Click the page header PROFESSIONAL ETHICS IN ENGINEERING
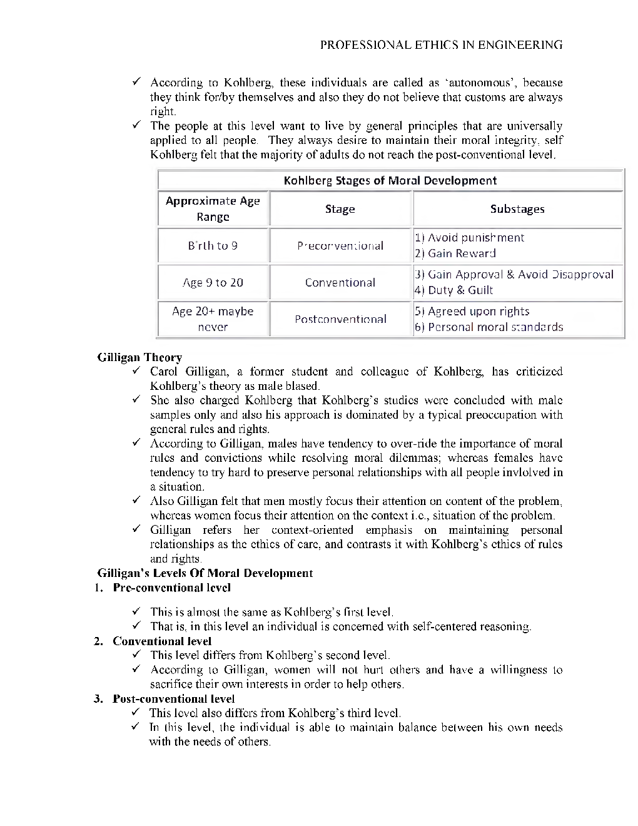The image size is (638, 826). [441, 45]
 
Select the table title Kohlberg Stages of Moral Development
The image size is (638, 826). [390, 181]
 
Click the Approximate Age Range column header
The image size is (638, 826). [213, 209]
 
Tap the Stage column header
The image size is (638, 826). [340, 209]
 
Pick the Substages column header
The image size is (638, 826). [517, 209]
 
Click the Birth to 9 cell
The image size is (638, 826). [213, 246]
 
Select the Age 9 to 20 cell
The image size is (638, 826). [213, 283]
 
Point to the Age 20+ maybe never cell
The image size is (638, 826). [213, 319]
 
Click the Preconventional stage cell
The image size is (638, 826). [340, 246]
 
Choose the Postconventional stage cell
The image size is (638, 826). [340, 319]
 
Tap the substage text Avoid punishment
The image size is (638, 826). [475, 238]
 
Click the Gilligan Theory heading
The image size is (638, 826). [139, 357]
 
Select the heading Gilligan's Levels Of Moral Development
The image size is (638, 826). [205, 573]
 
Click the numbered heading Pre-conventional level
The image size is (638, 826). [171, 588]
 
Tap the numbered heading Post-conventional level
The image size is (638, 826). [173, 698]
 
